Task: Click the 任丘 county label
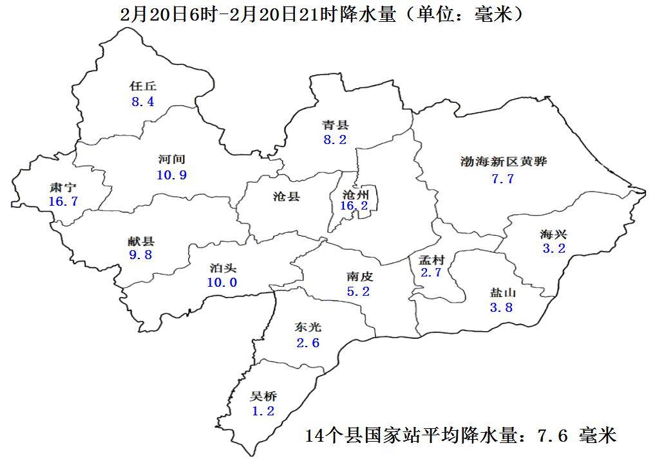tap(143, 86)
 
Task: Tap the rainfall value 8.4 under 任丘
tap(143, 102)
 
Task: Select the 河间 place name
tap(172, 159)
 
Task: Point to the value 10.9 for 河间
tap(172, 175)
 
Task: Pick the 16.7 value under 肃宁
tap(63, 202)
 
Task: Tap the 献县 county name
tap(141, 242)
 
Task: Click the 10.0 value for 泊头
tap(222, 282)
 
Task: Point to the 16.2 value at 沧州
tap(354, 206)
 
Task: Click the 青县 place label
tap(336, 125)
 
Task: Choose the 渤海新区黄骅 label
tap(504, 161)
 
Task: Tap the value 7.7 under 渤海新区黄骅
tap(503, 179)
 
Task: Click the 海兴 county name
tap(553, 233)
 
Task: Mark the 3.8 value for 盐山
tap(502, 307)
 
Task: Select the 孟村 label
tap(432, 260)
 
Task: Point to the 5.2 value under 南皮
tap(359, 291)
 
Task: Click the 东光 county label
tap(308, 327)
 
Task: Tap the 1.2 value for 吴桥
tap(263, 411)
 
